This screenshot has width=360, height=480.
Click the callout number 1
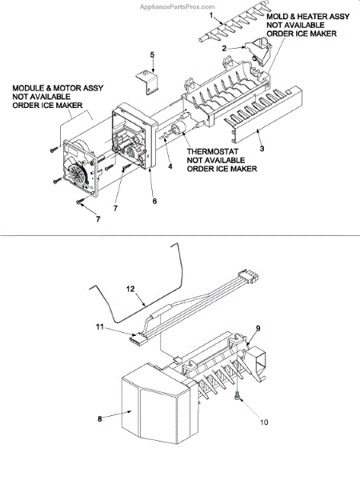coord(211,15)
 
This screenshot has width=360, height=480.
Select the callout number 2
coord(224,48)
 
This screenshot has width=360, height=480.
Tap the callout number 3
coord(262,149)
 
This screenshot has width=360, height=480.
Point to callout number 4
coord(170,166)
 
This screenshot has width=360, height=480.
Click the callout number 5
coord(152,55)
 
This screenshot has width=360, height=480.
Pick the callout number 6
coord(154,201)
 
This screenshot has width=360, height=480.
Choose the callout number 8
coord(100,418)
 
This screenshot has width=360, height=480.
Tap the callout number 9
coord(258,329)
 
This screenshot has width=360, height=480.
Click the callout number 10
coord(264,422)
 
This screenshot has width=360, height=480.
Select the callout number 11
coord(100,327)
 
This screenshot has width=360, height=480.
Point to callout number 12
coord(130,290)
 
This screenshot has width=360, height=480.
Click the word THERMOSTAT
coord(213,151)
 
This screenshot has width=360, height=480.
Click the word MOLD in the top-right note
coord(277,17)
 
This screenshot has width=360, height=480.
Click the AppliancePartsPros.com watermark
coord(178,6)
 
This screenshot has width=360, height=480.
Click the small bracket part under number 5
coord(147,82)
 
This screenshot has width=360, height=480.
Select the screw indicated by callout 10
coord(238,398)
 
